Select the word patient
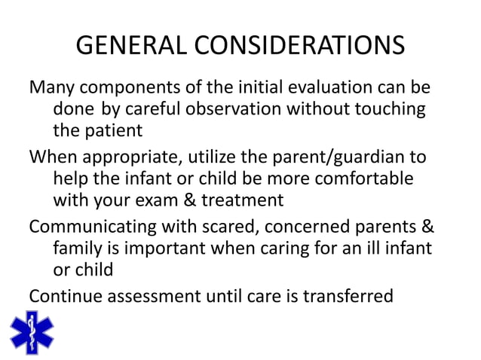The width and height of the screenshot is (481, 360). click(115, 130)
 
